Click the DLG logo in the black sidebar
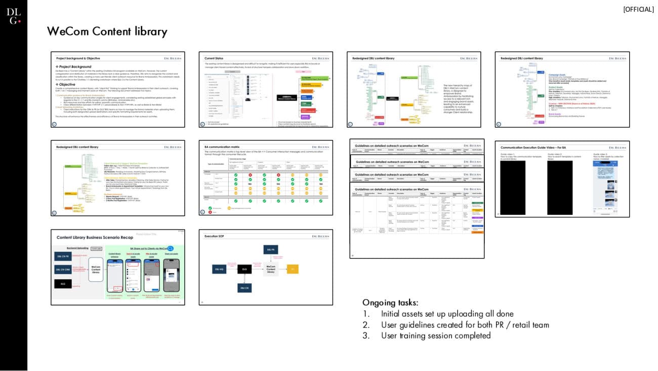coord(14,16)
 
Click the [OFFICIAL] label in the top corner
coord(638,9)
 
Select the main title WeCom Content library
coord(107,31)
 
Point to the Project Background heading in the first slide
coord(74,67)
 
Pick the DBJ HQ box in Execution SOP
coord(219,269)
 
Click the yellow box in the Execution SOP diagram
coord(293,269)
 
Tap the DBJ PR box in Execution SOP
coord(270,249)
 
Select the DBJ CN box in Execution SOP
coord(244,288)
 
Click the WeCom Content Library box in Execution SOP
coord(271,269)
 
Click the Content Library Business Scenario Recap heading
coord(95,237)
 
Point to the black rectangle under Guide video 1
coord(512,188)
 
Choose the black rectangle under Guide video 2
coord(559,188)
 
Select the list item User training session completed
coord(436,336)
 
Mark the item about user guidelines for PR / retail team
coord(465,325)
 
